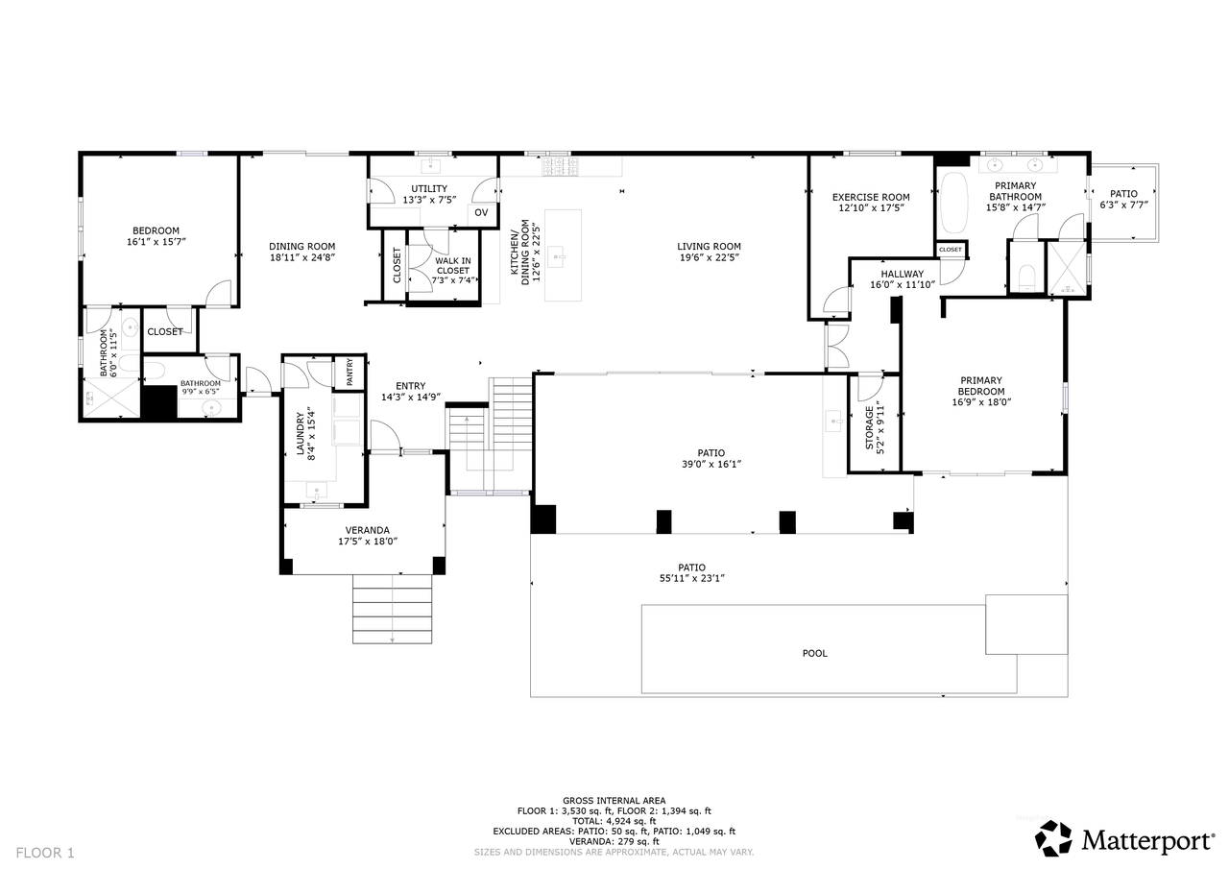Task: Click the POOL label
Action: [x=814, y=653]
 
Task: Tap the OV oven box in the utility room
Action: [x=481, y=213]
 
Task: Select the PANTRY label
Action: [x=349, y=372]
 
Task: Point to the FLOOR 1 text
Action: [x=45, y=853]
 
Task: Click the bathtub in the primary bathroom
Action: [x=955, y=203]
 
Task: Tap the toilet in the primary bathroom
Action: [x=1026, y=278]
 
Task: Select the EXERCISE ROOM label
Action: [x=871, y=197]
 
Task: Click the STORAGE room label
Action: [x=869, y=428]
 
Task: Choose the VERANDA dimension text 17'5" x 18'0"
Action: [x=368, y=542]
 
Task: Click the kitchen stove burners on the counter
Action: [x=560, y=167]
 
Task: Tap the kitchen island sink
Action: [x=559, y=256]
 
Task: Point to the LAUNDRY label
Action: [x=301, y=433]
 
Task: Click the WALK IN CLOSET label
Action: [x=452, y=266]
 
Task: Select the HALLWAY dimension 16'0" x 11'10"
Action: [x=903, y=285]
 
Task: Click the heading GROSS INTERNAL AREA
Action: [x=614, y=801]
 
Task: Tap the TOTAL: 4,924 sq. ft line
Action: [x=614, y=821]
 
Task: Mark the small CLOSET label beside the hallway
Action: [x=951, y=250]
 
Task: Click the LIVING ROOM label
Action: [x=709, y=247]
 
